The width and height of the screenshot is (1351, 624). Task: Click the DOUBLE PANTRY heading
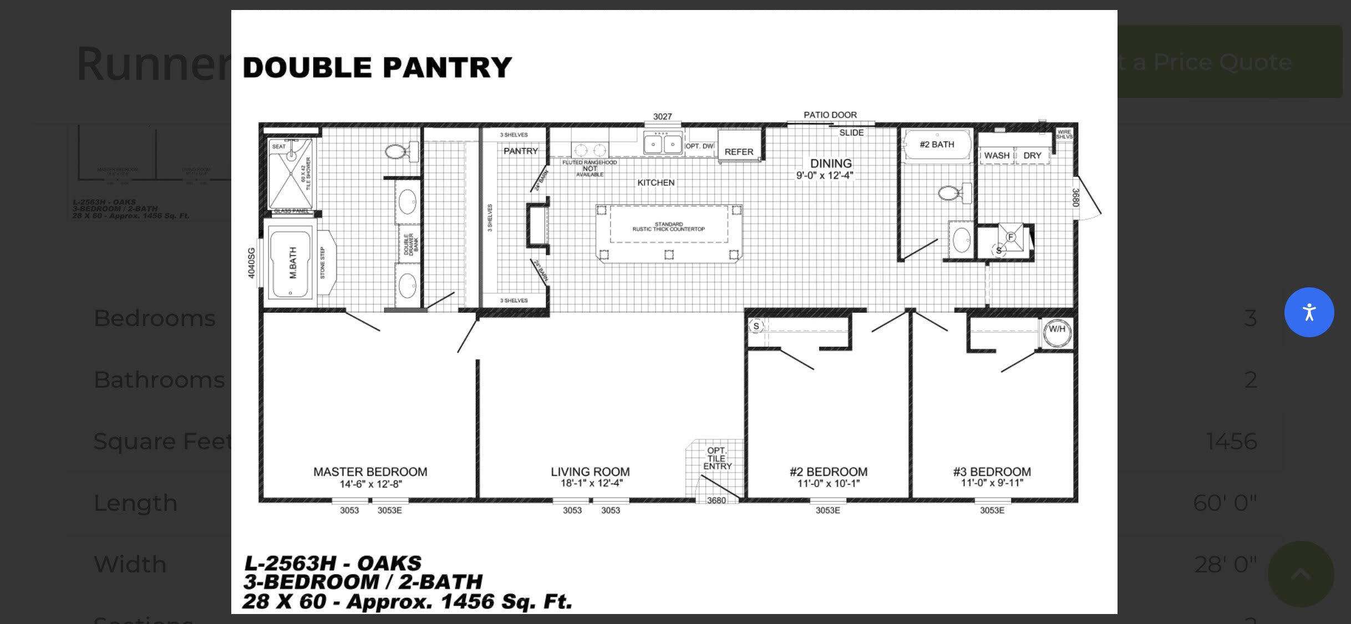pyautogui.click(x=377, y=68)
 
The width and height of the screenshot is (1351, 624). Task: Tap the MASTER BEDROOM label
pyautogui.click(x=370, y=472)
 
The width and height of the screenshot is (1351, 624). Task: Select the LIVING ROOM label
pyautogui.click(x=590, y=472)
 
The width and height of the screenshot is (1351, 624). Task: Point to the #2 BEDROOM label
pyautogui.click(x=829, y=472)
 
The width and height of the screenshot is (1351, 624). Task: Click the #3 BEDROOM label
pyautogui.click(x=992, y=472)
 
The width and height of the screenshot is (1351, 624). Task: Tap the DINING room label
pyautogui.click(x=831, y=164)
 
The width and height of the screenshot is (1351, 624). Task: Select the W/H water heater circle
pyautogui.click(x=1057, y=330)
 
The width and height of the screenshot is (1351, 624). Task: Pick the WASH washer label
pyautogui.click(x=997, y=156)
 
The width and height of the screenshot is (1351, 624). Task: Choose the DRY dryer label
pyautogui.click(x=1032, y=156)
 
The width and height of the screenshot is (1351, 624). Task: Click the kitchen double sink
pyautogui.click(x=663, y=144)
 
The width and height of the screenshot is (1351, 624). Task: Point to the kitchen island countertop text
pyautogui.click(x=669, y=227)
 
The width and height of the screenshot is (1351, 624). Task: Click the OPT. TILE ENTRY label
pyautogui.click(x=717, y=458)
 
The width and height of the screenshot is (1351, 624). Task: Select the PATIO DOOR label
pyautogui.click(x=830, y=115)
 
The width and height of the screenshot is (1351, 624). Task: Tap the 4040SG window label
pyautogui.click(x=251, y=263)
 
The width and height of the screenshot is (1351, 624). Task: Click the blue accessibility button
pyautogui.click(x=1309, y=312)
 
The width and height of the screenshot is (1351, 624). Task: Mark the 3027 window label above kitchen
pyautogui.click(x=662, y=116)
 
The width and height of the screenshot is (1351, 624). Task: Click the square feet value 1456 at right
pyautogui.click(x=1231, y=442)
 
